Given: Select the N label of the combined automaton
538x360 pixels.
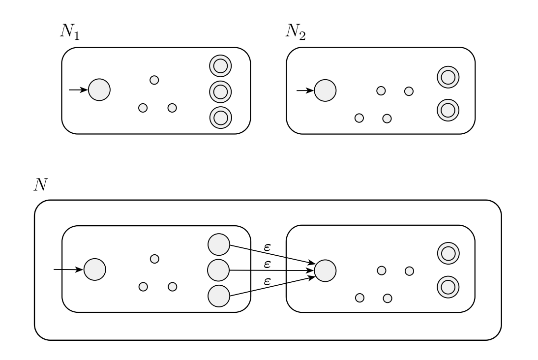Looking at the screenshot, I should pos(40,184).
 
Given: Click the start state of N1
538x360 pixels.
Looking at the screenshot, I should pos(99,90).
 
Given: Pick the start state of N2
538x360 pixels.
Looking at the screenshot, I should pos(325,90).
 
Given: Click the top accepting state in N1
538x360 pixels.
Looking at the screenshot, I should pos(220,65).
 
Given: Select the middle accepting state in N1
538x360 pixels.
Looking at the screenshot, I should pos(220,91).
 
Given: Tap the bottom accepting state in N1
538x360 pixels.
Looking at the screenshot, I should pos(220,117).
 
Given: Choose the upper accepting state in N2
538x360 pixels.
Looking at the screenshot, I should pos(448,77).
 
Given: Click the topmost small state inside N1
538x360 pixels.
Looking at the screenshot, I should pos(154,80).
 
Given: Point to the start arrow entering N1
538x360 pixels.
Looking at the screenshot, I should pos(78,90).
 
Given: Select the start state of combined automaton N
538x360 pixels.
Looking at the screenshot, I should pos(95,270).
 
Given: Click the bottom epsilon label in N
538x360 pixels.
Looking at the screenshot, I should pos(267,282).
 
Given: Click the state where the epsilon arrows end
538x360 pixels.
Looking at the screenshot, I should pos(325,270).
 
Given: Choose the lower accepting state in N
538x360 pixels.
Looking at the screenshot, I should pos(448,286).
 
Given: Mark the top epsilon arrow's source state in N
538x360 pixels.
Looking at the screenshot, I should pos(219,244).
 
